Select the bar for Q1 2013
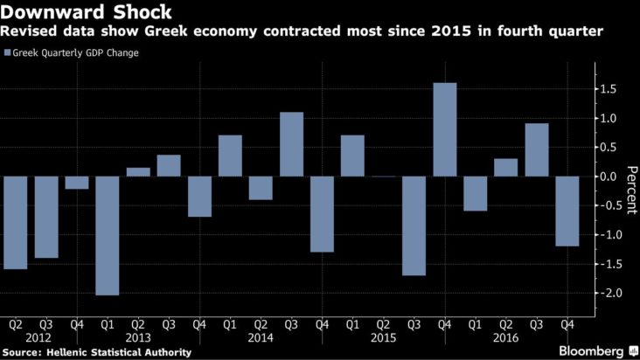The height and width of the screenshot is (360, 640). [x=108, y=235]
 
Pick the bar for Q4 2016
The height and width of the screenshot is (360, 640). [x=567, y=211]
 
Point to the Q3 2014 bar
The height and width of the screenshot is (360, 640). [x=291, y=144]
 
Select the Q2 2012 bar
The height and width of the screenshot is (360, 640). [x=15, y=222]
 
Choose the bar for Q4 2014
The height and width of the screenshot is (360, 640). [x=322, y=214]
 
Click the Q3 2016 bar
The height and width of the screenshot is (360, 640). [x=536, y=149]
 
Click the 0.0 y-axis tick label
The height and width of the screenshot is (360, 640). [x=610, y=177]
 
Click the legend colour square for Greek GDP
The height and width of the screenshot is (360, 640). [x=8, y=53]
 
